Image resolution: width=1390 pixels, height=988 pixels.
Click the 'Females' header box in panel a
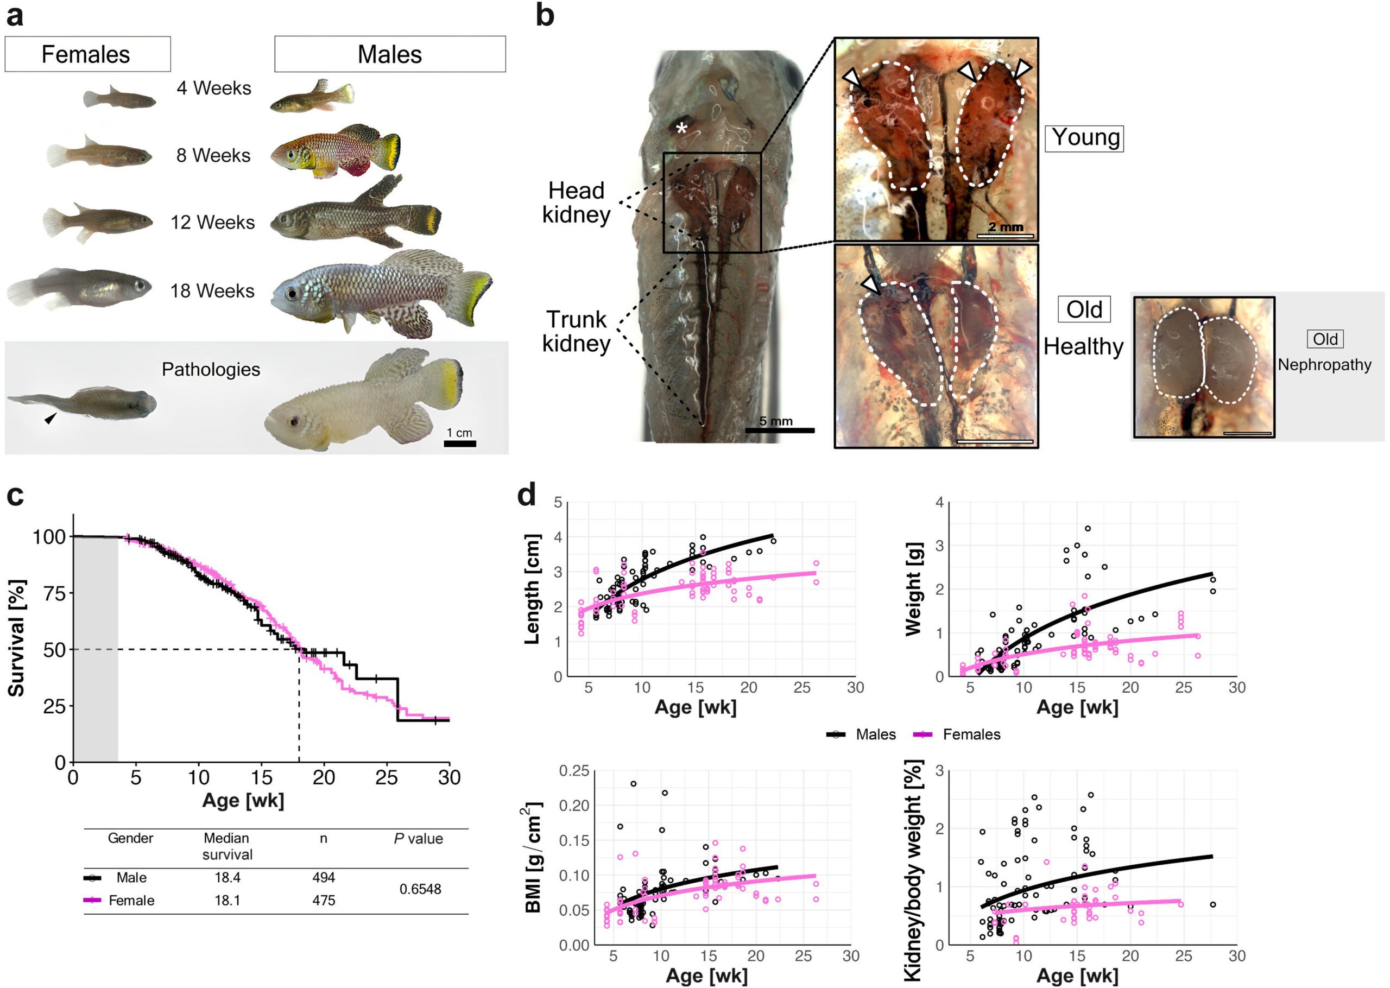tap(87, 54)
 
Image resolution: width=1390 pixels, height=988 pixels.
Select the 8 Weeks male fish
tap(335, 152)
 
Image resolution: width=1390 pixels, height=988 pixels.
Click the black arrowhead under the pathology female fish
tap(51, 417)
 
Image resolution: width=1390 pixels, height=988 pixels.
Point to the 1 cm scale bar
tap(460, 443)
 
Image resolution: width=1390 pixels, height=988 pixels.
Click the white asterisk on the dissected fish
tap(682, 128)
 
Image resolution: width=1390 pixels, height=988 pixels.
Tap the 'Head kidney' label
tap(576, 202)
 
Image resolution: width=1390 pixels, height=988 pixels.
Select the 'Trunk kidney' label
tap(576, 332)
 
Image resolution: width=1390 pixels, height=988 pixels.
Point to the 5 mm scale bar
tap(779, 430)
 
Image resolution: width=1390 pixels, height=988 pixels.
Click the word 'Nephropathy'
tap(1324, 365)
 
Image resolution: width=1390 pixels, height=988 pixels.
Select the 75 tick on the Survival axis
tap(54, 593)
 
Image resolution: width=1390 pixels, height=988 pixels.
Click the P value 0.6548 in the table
tap(420, 889)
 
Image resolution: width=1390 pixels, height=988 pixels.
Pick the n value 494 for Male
tap(324, 877)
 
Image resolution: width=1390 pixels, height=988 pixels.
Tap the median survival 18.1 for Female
tap(227, 901)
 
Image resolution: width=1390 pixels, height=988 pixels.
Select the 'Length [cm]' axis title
tap(532, 589)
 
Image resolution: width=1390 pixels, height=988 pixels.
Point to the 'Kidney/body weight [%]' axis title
tap(913, 870)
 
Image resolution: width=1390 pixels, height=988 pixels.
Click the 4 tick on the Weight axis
tap(940, 503)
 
